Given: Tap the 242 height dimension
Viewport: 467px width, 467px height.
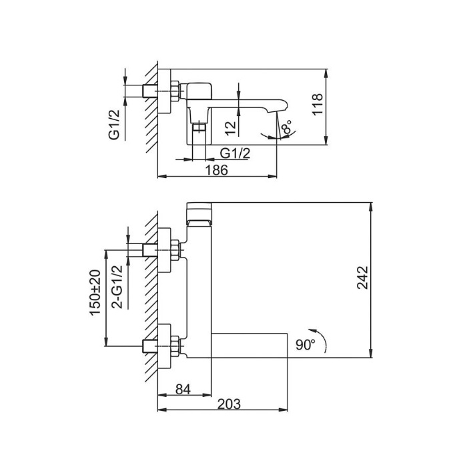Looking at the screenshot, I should tap(362, 278).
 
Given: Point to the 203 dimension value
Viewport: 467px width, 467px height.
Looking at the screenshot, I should tap(228, 404).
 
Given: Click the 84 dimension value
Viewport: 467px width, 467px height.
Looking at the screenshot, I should tap(183, 388).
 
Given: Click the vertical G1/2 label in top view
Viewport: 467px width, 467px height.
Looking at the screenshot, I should tap(115, 125).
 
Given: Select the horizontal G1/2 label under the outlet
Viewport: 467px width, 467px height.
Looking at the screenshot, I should tap(235, 153).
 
